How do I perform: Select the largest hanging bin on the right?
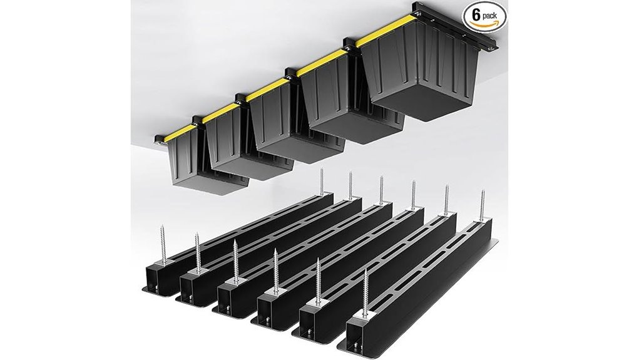pos(416,78)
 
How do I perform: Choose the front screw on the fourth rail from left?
pos(276,275)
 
